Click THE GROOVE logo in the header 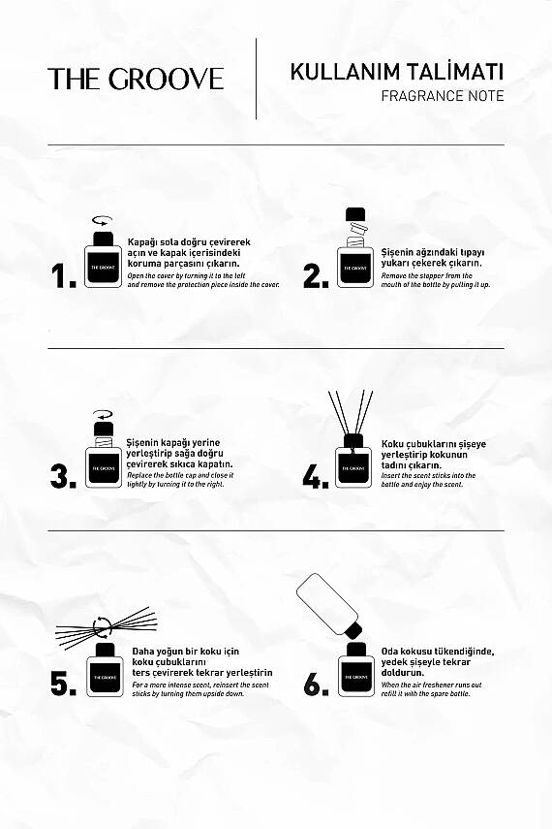pos(136,79)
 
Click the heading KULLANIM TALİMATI pos(397,72)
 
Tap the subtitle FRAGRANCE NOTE pos(443,96)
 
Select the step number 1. pos(63,276)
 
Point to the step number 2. pos(316,276)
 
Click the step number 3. pos(63,476)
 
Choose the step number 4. pos(316,476)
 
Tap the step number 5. pos(63,684)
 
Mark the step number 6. pos(316,684)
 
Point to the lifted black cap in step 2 pos(355,214)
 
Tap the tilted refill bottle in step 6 pos(329,605)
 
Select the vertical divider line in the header pos(257,79)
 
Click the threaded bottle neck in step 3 pos(104,441)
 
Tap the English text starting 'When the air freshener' pos(431,689)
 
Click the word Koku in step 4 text pos(392,444)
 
